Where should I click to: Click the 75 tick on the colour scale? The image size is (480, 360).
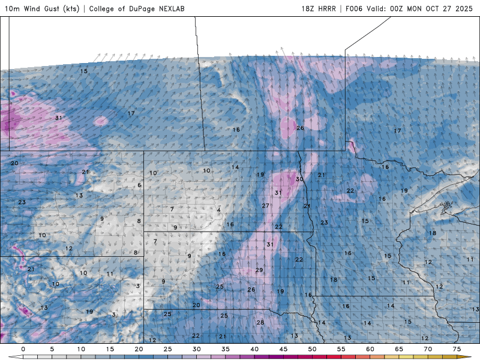[x=457, y=349]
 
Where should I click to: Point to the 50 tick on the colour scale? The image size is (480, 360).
[x=313, y=349]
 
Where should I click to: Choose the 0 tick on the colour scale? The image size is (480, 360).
[x=23, y=349]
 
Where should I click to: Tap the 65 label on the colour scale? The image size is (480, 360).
[x=400, y=349]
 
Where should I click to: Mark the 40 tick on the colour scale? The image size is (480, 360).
[x=254, y=349]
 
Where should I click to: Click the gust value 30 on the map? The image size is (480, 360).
[x=299, y=179]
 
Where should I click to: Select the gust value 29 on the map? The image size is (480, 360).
[x=259, y=270]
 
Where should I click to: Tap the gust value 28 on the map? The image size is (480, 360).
[x=260, y=323]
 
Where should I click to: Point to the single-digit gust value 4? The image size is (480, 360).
[x=218, y=210]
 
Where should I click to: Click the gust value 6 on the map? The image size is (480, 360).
[x=139, y=185]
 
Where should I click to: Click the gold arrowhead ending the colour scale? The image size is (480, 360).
[x=467, y=356]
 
